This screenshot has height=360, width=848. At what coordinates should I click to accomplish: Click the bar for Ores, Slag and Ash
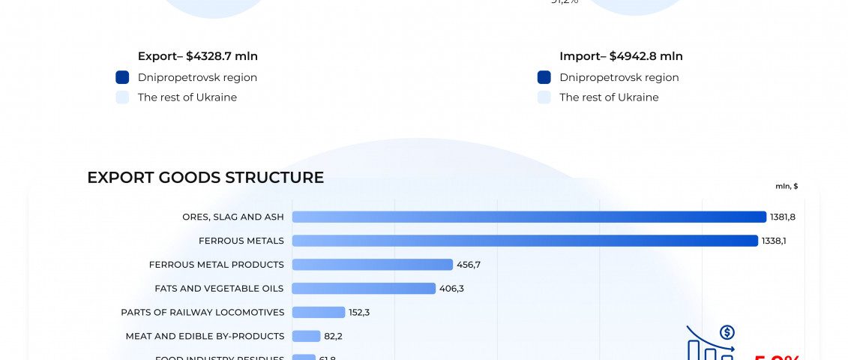point(529,217)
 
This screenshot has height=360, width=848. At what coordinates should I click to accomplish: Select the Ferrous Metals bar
point(525,241)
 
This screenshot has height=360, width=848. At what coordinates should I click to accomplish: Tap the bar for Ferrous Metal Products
point(373,265)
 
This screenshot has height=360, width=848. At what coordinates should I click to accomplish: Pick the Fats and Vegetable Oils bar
point(364,289)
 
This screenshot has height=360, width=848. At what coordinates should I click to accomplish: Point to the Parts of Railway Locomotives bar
point(319,312)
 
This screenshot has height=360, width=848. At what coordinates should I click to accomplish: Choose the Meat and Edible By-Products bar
point(306,336)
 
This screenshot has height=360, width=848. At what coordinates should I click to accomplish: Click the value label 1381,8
point(782,217)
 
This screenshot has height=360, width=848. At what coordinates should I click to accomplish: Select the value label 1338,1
point(774,241)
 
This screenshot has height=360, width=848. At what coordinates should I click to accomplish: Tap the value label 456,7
point(469,265)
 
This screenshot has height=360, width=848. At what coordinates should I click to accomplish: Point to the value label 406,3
point(451,289)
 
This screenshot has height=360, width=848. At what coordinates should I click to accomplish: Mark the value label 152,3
point(361,312)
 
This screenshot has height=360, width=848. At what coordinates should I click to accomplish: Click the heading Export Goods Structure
point(205,178)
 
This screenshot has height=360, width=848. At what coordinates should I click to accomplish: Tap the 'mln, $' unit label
point(787,186)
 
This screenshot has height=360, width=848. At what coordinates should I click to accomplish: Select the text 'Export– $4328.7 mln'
point(198,56)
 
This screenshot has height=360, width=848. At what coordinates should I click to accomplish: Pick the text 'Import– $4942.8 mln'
point(621,56)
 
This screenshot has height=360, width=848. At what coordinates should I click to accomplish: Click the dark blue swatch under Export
point(123,77)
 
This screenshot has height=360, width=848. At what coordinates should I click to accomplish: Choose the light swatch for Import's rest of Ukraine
point(544,97)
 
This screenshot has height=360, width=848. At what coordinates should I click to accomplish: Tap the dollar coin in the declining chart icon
point(727,332)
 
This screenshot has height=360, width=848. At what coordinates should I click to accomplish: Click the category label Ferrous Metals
point(241,241)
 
